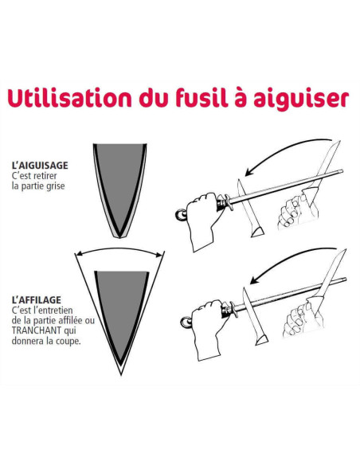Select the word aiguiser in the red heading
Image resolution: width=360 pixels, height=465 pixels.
(301, 99)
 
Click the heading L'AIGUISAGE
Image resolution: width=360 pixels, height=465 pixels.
(40, 165)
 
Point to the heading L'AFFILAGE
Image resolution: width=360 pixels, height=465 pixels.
(36, 300)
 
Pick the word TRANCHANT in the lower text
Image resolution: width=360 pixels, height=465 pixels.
(36, 330)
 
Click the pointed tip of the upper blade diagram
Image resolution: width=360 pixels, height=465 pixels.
(119, 237)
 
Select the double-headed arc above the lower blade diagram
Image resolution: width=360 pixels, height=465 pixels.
(119, 248)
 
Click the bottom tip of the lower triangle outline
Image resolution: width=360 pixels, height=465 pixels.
(121, 374)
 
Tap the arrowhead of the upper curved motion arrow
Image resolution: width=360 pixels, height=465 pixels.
(249, 173)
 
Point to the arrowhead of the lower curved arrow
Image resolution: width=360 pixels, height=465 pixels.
(254, 280)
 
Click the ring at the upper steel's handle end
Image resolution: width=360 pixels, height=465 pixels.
(181, 215)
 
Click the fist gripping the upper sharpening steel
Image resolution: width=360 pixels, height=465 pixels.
(204, 220)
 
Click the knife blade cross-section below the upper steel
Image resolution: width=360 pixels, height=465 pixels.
(248, 208)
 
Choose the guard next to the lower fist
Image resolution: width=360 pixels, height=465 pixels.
(233, 309)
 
